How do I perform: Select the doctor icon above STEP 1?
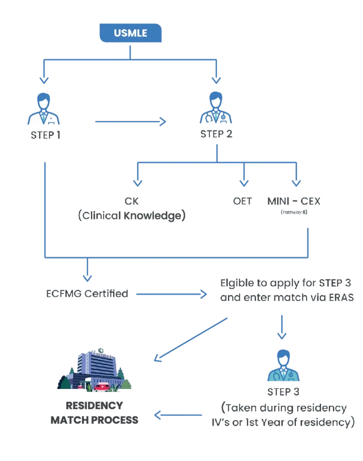click(x=44, y=109)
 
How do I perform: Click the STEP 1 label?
click(x=45, y=135)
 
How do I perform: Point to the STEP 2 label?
click(x=217, y=135)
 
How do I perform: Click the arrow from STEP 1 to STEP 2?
click(x=131, y=121)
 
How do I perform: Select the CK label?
click(x=132, y=201)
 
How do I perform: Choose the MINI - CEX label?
click(x=293, y=201)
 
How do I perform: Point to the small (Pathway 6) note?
click(x=294, y=212)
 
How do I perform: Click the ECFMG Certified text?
click(x=86, y=294)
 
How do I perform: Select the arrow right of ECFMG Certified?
click(x=171, y=294)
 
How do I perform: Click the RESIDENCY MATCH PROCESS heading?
click(x=94, y=412)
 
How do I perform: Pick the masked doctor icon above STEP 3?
click(x=283, y=364)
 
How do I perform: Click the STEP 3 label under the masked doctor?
click(x=283, y=392)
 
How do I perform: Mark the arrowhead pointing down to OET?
click(x=244, y=182)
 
